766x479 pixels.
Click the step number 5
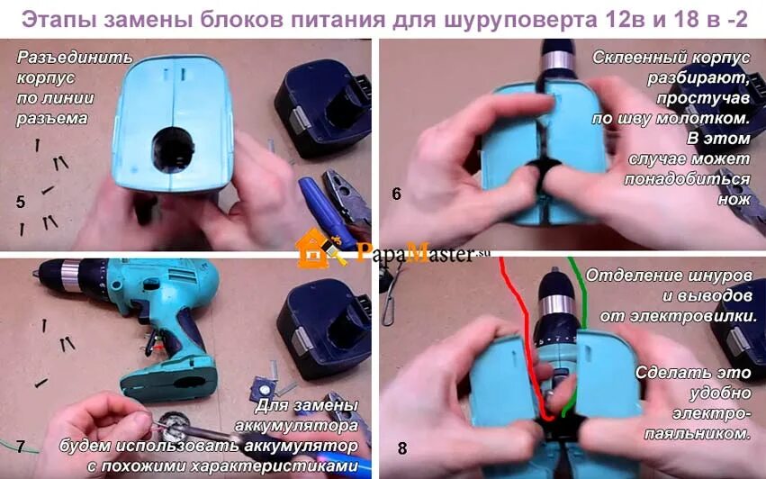coord(21,202)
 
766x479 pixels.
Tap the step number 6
coord(397,194)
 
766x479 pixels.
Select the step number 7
coord(20,447)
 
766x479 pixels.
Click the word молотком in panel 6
coord(704,117)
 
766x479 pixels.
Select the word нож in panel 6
coord(734,199)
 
